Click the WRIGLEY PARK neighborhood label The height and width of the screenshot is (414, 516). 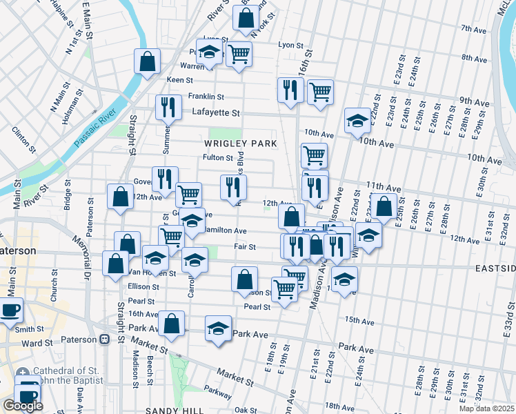(240, 144)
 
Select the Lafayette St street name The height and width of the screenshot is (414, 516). (216, 112)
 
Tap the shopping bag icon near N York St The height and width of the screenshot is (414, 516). (246, 18)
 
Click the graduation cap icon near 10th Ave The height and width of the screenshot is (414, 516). (357, 120)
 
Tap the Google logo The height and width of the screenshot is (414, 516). (23, 406)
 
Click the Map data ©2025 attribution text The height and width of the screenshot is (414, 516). (486, 408)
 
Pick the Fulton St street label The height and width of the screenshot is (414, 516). (219, 157)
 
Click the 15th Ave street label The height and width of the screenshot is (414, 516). (359, 321)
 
